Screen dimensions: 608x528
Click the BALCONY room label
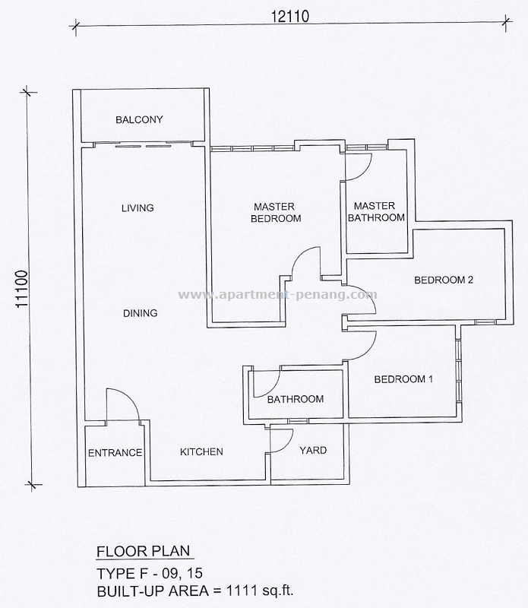139,119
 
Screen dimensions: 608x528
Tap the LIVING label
138,207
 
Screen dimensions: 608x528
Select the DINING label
139,312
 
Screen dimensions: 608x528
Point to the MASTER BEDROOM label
277,212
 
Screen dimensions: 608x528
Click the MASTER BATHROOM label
375,211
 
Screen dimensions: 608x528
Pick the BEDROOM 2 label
444,280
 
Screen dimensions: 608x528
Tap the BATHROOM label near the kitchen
296,399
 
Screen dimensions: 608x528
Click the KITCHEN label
201,452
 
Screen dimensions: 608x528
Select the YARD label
312,451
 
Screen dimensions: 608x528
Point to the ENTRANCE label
115,453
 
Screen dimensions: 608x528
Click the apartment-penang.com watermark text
277,294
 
